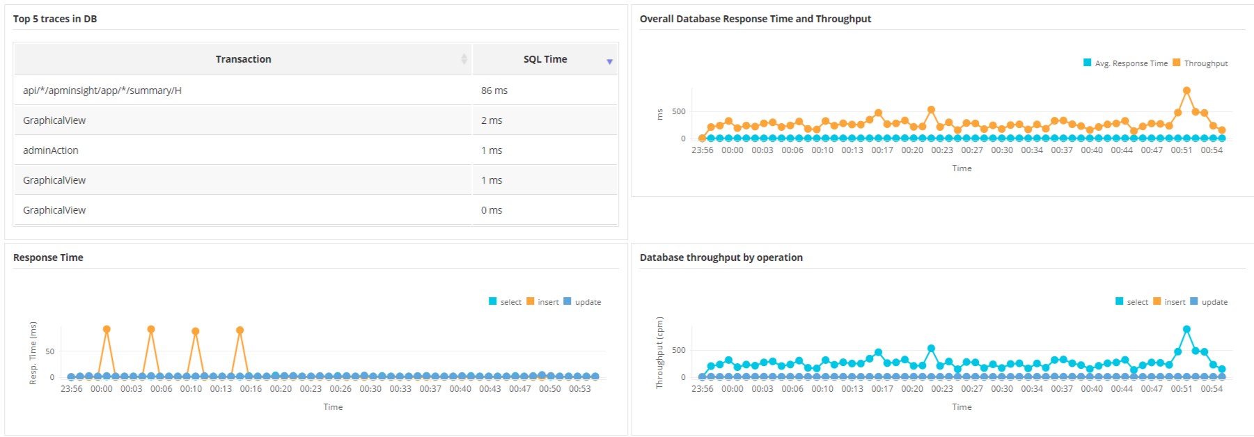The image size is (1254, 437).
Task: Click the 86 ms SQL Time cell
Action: [494, 90]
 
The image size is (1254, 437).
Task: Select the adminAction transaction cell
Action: [51, 150]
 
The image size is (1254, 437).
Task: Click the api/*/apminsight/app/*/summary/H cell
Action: [102, 90]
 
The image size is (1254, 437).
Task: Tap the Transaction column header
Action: [243, 59]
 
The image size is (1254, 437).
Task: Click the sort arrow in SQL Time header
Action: [609, 62]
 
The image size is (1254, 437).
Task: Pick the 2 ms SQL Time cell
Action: [492, 120]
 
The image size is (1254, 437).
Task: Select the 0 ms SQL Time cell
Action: [492, 210]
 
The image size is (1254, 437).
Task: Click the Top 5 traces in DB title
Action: [55, 19]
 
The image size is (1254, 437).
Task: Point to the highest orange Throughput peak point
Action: [1186, 90]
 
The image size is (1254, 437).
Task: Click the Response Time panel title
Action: [48, 257]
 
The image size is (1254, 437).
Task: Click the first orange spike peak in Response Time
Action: [107, 329]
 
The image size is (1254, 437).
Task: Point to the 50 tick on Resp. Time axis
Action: [49, 351]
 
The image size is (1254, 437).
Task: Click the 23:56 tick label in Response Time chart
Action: [71, 389]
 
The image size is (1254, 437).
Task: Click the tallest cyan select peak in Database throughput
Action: [1186, 329]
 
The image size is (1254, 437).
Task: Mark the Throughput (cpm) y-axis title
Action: [659, 352]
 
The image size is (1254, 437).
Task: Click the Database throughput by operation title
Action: [721, 257]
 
